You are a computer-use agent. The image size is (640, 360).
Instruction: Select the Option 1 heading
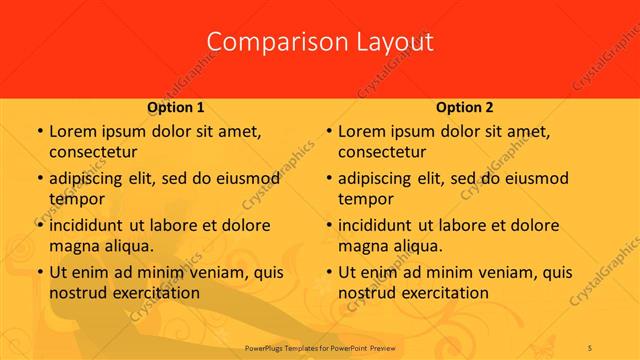pos(176,107)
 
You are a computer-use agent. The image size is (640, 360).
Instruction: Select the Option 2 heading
pos(465,107)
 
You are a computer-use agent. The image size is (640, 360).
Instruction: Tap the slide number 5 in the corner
pos(591,346)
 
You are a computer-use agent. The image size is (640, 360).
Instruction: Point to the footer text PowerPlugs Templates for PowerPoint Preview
pos(320,346)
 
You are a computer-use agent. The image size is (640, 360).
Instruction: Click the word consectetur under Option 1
pos(93,152)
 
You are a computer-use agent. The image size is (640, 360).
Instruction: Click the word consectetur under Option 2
pos(382,152)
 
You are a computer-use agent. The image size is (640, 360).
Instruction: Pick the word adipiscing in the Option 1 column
pos(89,179)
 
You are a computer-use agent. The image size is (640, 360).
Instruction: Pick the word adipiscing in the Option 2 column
pos(378,179)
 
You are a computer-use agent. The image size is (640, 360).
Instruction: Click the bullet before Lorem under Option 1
pos(39,132)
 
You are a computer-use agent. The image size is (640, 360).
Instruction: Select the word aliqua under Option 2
pos(416,245)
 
